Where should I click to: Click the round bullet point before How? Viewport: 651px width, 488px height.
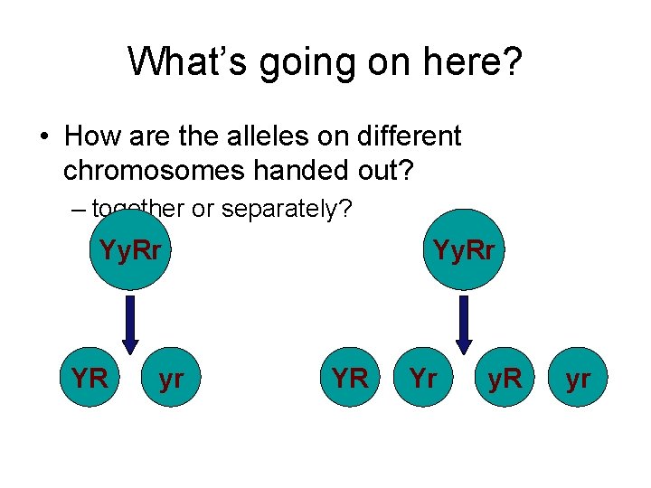click(43, 137)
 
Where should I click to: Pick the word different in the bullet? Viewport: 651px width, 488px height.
click(409, 136)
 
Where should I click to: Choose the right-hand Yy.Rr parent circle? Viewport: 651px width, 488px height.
click(464, 249)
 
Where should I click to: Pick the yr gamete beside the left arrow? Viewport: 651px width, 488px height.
click(171, 379)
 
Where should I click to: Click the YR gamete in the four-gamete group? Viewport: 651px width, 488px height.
click(350, 379)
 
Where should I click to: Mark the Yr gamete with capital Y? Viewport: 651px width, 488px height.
click(425, 379)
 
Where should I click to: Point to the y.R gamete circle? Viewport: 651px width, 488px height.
click(504, 379)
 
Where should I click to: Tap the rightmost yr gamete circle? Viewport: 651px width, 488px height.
click(578, 379)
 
